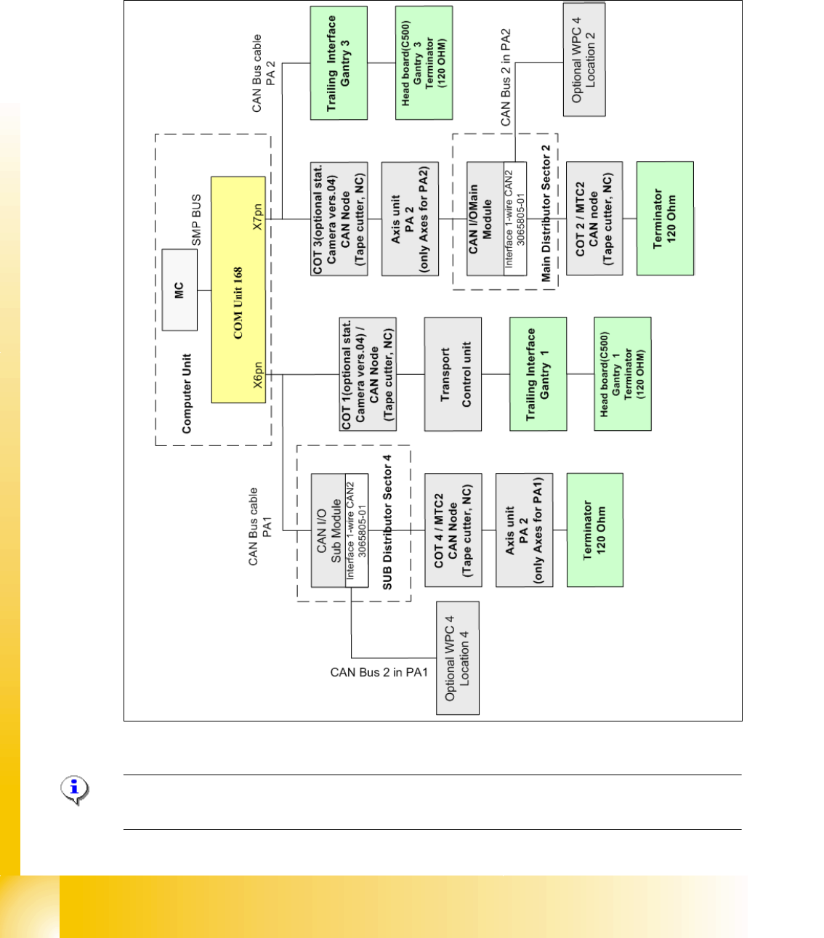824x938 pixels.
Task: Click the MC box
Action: pyautogui.click(x=179, y=290)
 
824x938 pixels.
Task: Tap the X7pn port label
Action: pyautogui.click(x=257, y=217)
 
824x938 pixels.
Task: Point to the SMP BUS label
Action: pyautogui.click(x=196, y=220)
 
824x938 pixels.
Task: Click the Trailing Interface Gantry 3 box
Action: pyautogui.click(x=339, y=63)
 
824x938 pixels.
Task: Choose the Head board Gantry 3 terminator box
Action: pyautogui.click(x=424, y=63)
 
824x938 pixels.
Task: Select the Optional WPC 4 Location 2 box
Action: pyautogui.click(x=584, y=60)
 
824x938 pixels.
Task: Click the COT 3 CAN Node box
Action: pyautogui.click(x=339, y=219)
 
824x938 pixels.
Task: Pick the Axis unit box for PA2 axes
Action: pyautogui.click(x=410, y=219)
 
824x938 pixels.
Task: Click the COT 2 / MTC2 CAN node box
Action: pyautogui.click(x=594, y=219)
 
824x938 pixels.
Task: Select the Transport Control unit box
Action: pyautogui.click(x=453, y=374)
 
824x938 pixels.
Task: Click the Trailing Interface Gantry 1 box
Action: pyautogui.click(x=538, y=374)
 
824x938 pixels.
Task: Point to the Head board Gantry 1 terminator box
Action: pyautogui.click(x=623, y=374)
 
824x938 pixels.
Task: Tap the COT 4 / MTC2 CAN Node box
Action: pyautogui.click(x=453, y=530)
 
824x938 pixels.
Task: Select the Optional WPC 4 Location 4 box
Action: pyautogui.click(x=458, y=658)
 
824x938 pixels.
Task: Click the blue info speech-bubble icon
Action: pyautogui.click(x=74, y=790)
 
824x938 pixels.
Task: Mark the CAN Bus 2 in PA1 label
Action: pyautogui.click(x=379, y=673)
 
